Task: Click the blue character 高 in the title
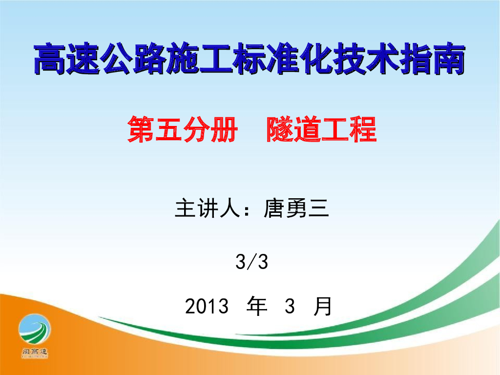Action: point(50,59)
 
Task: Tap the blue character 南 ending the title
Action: point(449,59)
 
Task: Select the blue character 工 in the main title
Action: point(216,59)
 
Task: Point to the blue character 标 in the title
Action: point(250,59)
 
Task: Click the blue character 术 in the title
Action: point(382,59)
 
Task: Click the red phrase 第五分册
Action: point(183,129)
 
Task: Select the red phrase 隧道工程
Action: point(321,129)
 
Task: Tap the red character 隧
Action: point(280,129)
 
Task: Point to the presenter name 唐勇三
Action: point(296,208)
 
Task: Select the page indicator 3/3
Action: point(251,262)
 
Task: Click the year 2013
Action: point(207,306)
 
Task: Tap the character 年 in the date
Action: point(257,306)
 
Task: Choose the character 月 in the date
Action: point(323,306)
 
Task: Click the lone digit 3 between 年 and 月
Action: point(290,306)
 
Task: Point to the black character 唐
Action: point(274,208)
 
